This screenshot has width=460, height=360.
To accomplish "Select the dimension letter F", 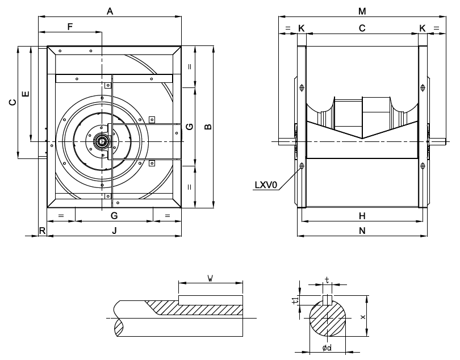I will pos(70,27).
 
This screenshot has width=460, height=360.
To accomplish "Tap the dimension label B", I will pos(208,125).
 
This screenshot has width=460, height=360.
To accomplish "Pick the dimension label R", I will pos(42,231).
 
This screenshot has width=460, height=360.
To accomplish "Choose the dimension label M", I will pos(362,11).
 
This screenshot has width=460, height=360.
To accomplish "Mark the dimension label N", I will pos(362,231).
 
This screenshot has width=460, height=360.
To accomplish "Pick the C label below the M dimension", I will pos(362,27).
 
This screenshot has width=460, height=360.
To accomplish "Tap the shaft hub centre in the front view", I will pos(102,141).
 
